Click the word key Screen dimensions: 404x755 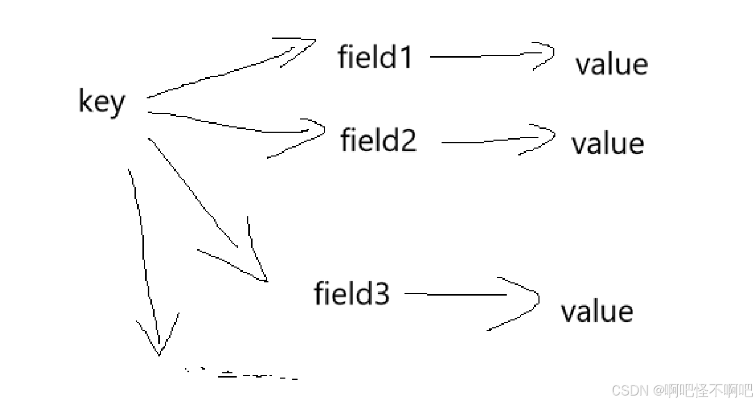pyautogui.click(x=102, y=102)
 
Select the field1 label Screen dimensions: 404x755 pyautogui.click(x=375, y=57)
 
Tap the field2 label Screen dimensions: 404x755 pyautogui.click(x=379, y=140)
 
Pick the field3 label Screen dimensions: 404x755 pyautogui.click(x=352, y=293)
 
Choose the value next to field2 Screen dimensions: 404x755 pyautogui.click(x=608, y=144)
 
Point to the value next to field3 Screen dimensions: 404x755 pyautogui.click(x=597, y=311)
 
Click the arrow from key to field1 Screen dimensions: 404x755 pyautogui.click(x=222, y=74)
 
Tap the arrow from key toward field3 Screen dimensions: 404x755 pyautogui.click(x=201, y=201)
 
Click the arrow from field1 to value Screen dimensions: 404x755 pyautogui.click(x=487, y=56)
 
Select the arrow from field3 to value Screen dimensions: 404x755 pyautogui.click(x=466, y=295)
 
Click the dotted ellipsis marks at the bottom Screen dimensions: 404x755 pyautogui.click(x=241, y=375)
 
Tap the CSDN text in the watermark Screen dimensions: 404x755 pyautogui.click(x=630, y=391)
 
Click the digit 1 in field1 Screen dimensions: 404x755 pyautogui.click(x=405, y=57)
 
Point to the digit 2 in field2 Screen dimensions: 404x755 pyautogui.click(x=408, y=140)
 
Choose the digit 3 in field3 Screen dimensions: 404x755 pyautogui.click(x=381, y=293)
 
